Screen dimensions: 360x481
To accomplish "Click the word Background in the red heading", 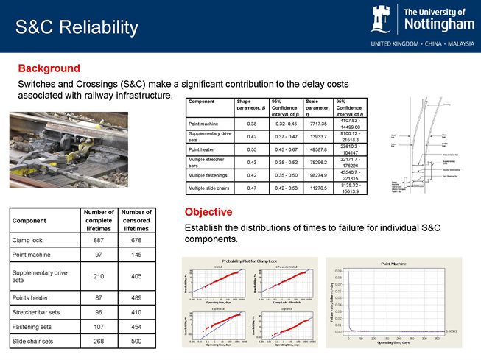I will pos(49,68).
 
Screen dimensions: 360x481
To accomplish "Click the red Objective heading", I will pos(211,212).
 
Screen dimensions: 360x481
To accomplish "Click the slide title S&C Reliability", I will pos(77,28).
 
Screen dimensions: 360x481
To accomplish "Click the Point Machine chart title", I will pos(394,262).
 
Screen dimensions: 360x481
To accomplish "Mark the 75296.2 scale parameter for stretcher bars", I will pos(317,162).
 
